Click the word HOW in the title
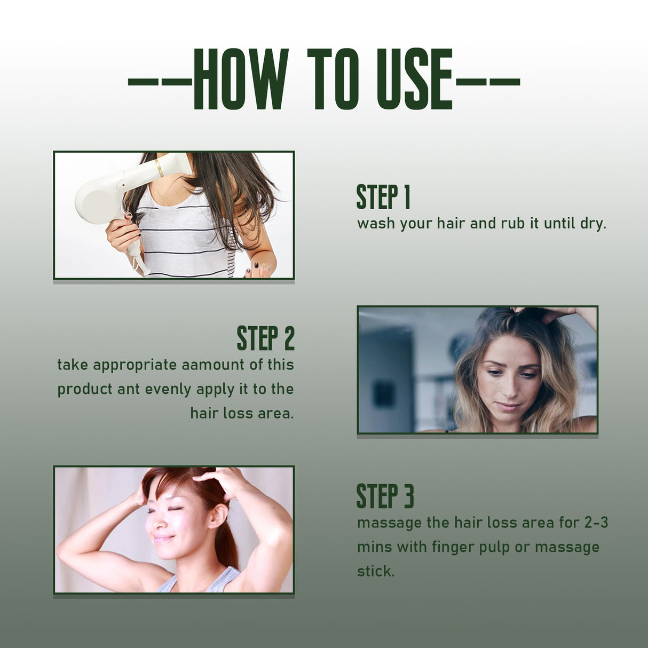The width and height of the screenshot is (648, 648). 240,79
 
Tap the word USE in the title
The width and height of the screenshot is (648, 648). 414,79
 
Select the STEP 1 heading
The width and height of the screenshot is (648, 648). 383,197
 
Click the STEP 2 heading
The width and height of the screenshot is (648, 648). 265,338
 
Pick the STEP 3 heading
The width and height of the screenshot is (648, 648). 385,496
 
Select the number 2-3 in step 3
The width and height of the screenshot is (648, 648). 596,523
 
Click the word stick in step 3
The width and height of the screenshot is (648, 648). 375,571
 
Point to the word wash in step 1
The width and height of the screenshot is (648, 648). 376,223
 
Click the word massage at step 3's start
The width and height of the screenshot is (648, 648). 389,523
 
